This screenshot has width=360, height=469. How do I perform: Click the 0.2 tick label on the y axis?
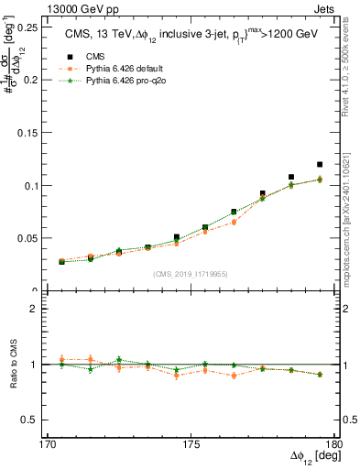[x=31, y=80]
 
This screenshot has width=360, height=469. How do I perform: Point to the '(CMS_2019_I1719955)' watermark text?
[x=189, y=273]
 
